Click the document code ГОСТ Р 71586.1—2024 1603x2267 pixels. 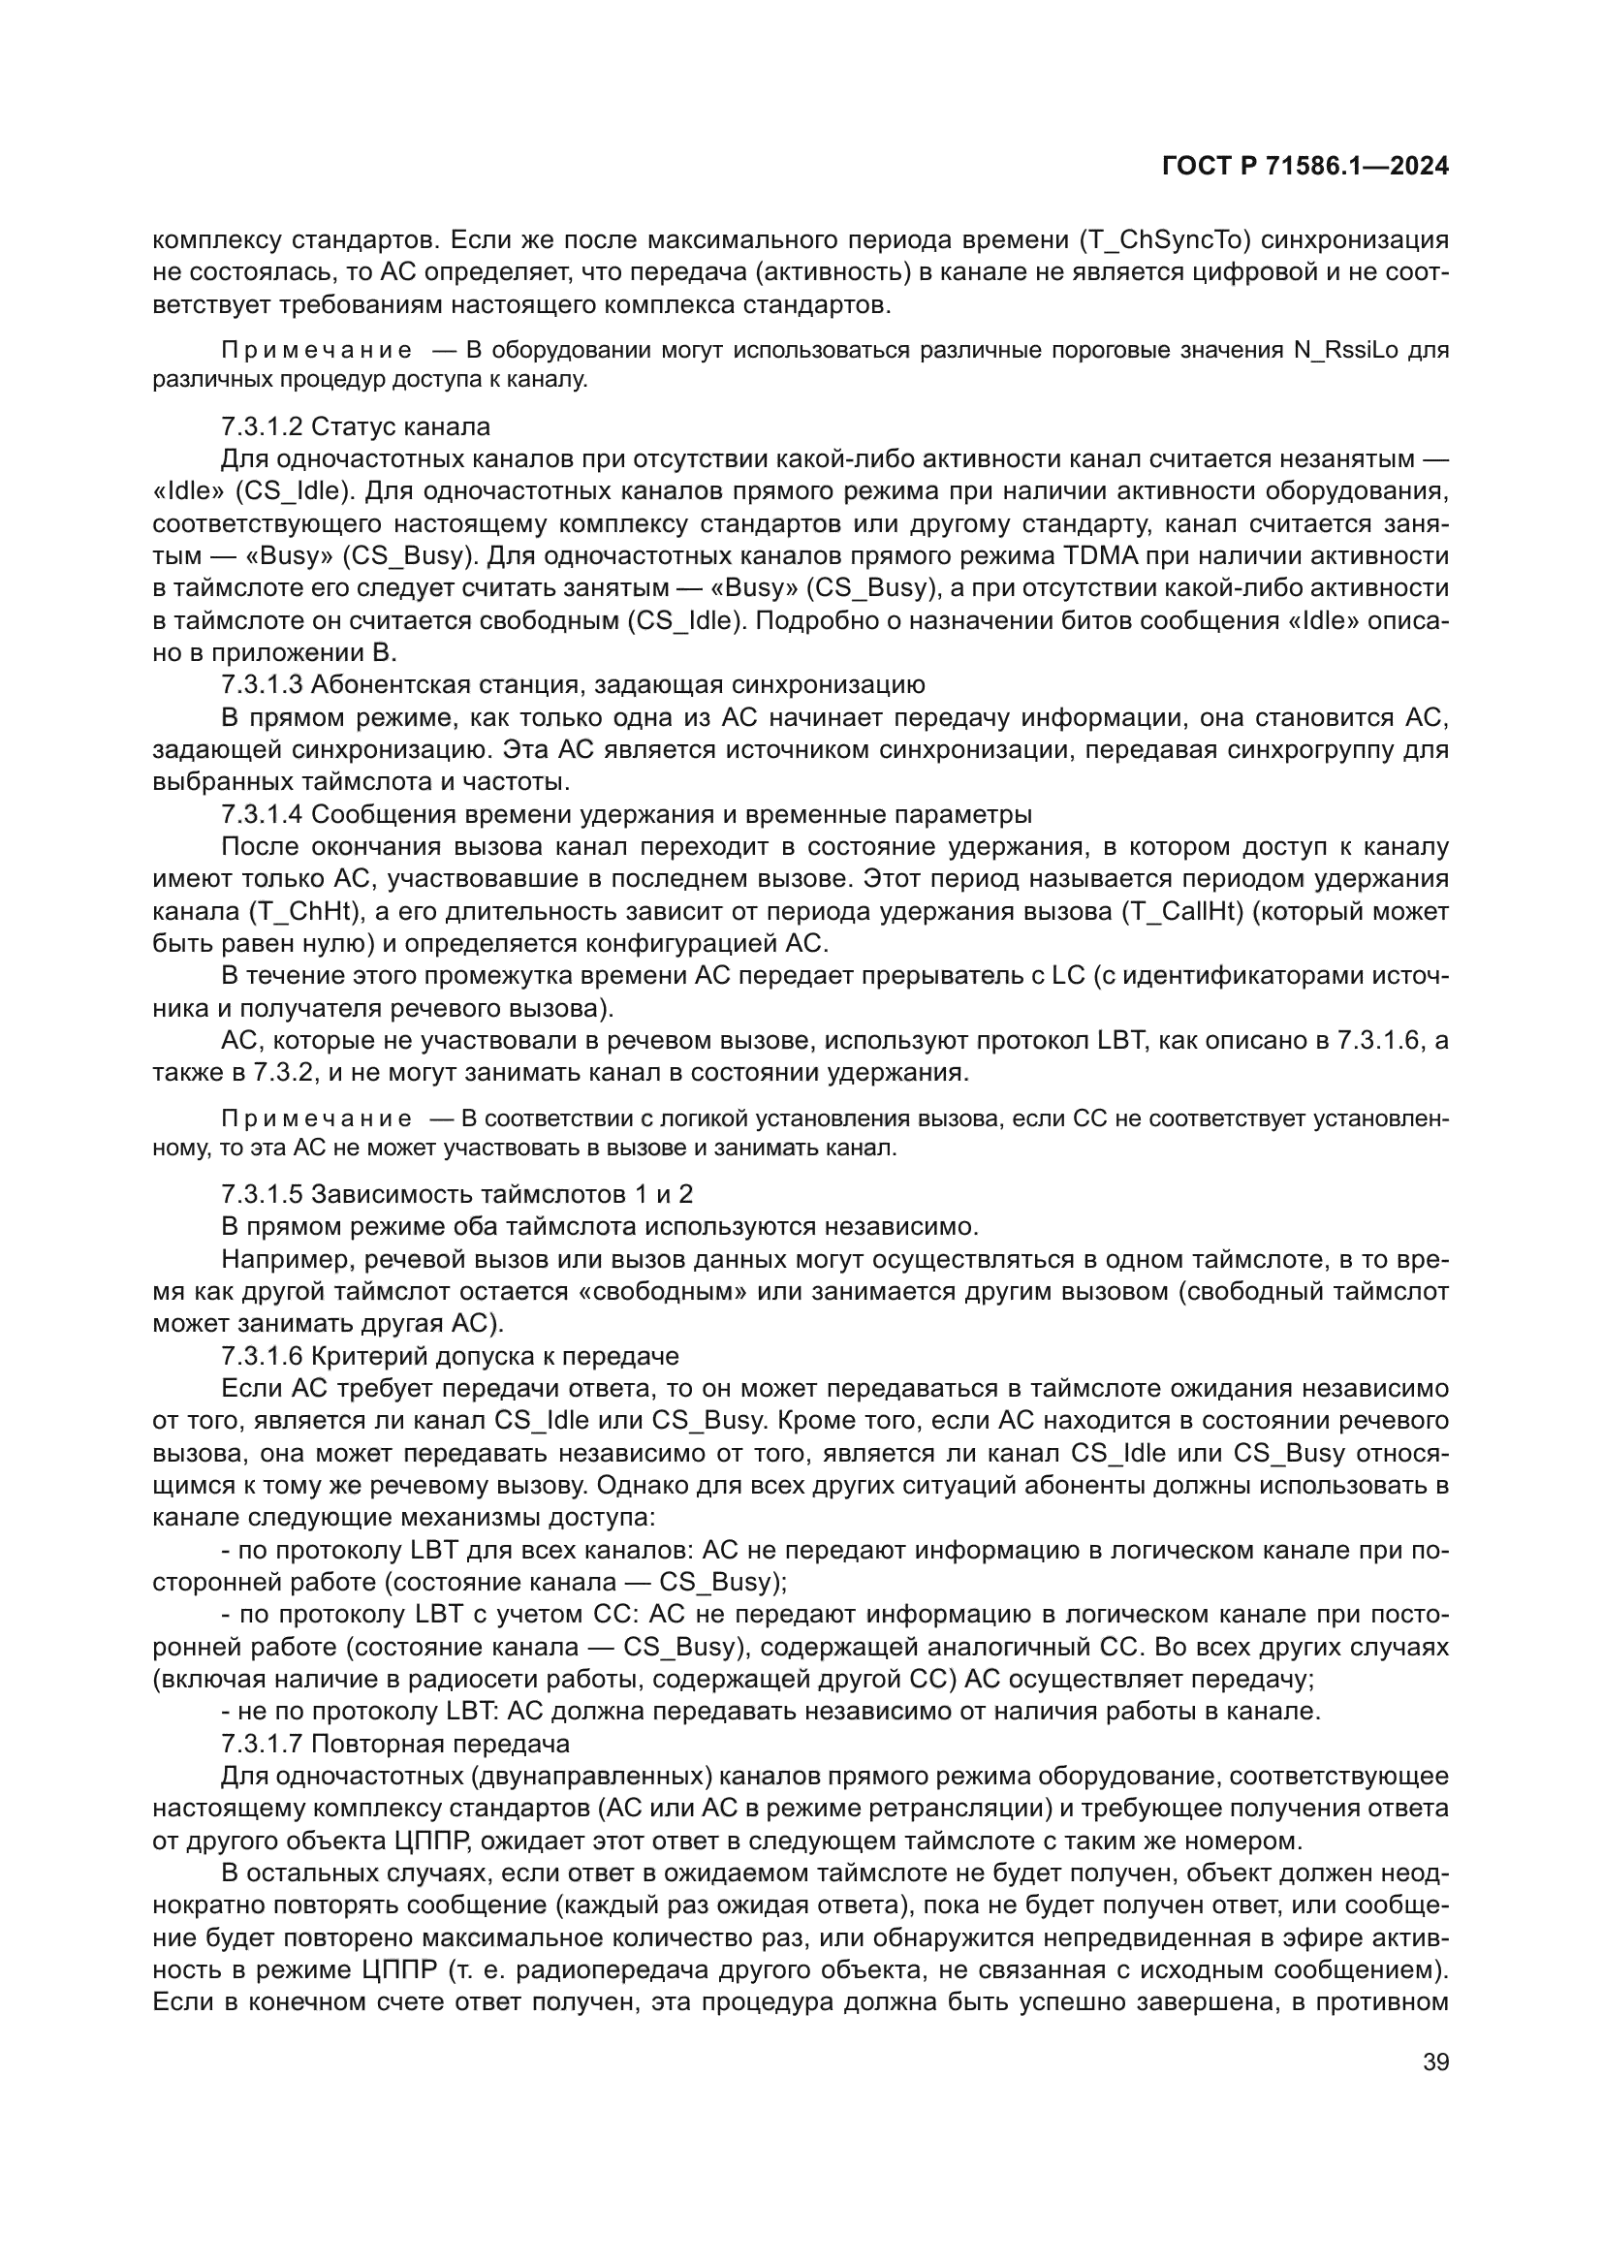click(1304, 166)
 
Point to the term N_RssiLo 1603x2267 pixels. click(1345, 351)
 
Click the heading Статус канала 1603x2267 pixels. click(401, 426)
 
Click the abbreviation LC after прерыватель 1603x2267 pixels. click(1069, 977)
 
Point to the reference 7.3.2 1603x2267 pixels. click(286, 1072)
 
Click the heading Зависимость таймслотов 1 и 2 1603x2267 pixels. click(501, 1194)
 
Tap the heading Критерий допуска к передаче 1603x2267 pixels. click(494, 1356)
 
